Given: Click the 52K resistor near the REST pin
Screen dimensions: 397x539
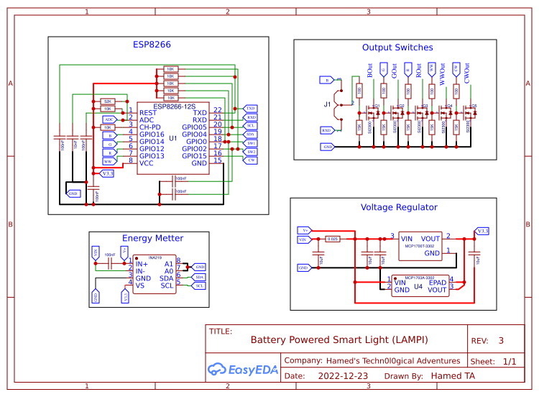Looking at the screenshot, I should tap(107, 101).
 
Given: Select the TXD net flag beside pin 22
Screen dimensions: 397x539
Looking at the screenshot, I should tap(251, 108).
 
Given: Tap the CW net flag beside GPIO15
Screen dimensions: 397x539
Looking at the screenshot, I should tap(251, 160).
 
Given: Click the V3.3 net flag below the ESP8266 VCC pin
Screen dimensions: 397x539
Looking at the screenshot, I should tap(107, 173).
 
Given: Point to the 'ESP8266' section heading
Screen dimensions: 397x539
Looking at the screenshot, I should tap(152, 45).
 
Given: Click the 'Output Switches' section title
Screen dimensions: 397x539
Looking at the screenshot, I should tap(397, 47).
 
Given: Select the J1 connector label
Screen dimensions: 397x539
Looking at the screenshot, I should tap(328, 104).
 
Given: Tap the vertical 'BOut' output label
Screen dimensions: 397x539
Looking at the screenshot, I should tap(370, 71).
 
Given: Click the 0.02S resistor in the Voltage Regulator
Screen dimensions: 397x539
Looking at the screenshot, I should tap(332, 238).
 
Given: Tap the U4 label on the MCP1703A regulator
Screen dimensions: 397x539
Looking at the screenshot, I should tap(418, 286).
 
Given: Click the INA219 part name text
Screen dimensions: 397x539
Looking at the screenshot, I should tap(155, 257).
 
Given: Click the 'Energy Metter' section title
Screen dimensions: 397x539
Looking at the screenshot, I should tap(152, 238).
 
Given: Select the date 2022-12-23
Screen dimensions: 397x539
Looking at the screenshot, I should tap(343, 375).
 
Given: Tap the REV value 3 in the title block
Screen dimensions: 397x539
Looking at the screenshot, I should tap(501, 340).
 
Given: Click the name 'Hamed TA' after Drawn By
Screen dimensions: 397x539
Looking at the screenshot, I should tap(453, 375).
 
